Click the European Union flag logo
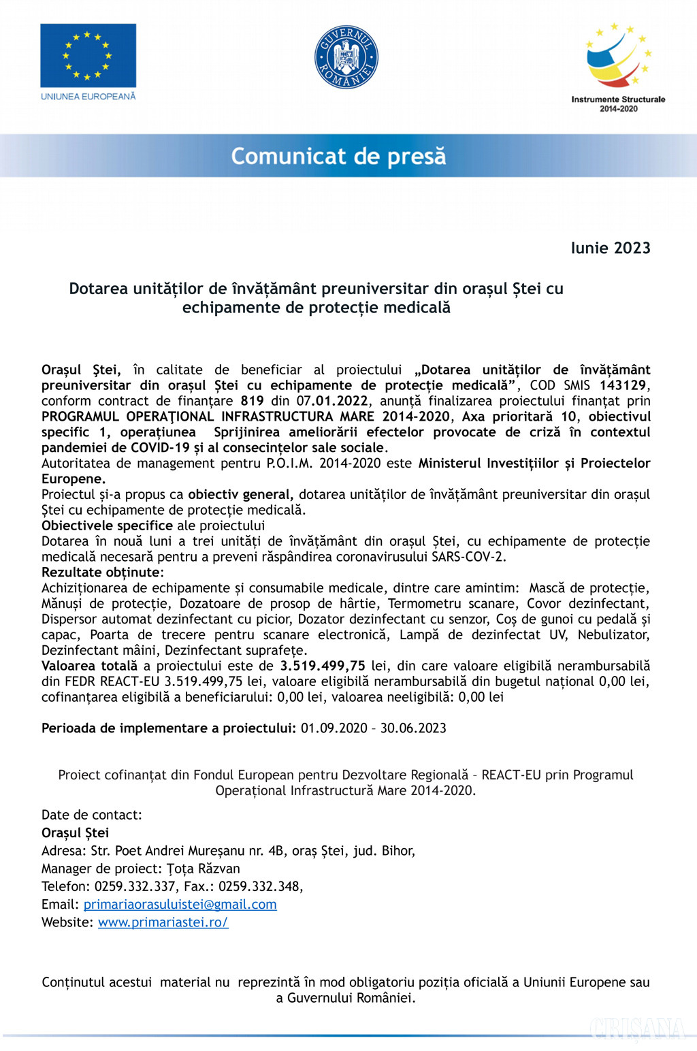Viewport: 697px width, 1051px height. pyautogui.click(x=88, y=55)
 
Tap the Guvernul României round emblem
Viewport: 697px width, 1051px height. pyautogui.click(x=346, y=57)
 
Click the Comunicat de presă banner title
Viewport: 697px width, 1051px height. pyautogui.click(x=338, y=157)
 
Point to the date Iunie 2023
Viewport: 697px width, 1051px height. pyautogui.click(x=611, y=248)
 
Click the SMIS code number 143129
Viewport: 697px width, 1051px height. pyautogui.click(x=623, y=385)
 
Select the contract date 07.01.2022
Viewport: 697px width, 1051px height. pyautogui.click(x=332, y=401)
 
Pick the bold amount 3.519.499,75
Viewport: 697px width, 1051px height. pyautogui.click(x=323, y=666)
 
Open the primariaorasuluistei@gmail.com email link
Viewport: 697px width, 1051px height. pyautogui.click(x=180, y=905)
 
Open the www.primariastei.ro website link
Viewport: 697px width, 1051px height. pyautogui.click(x=163, y=922)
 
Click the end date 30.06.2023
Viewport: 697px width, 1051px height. pyautogui.click(x=413, y=728)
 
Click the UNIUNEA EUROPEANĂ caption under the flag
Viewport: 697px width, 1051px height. pyautogui.click(x=88, y=97)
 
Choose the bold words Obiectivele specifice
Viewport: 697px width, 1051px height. pyautogui.click(x=107, y=525)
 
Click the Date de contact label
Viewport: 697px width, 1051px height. pyautogui.click(x=91, y=815)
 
